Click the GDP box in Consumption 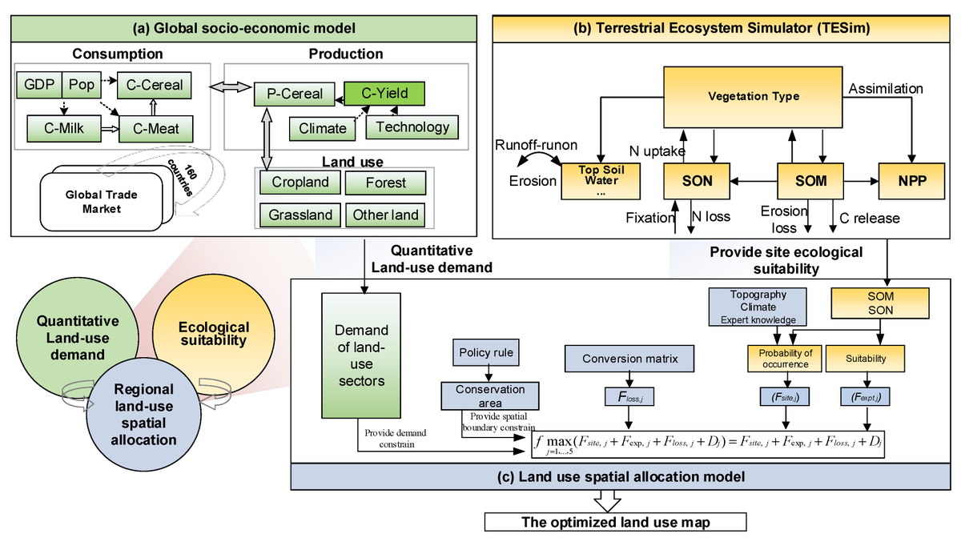[x=39, y=84]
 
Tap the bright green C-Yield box [x=384, y=93]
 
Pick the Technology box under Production [x=412, y=126]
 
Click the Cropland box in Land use [x=300, y=183]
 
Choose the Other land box [x=385, y=215]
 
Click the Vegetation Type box [x=753, y=97]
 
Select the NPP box [x=911, y=181]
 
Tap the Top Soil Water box [x=603, y=181]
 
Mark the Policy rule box [x=486, y=352]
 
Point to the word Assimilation [x=886, y=89]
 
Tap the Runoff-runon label [x=536, y=147]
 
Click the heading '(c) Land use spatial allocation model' [x=621, y=476]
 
